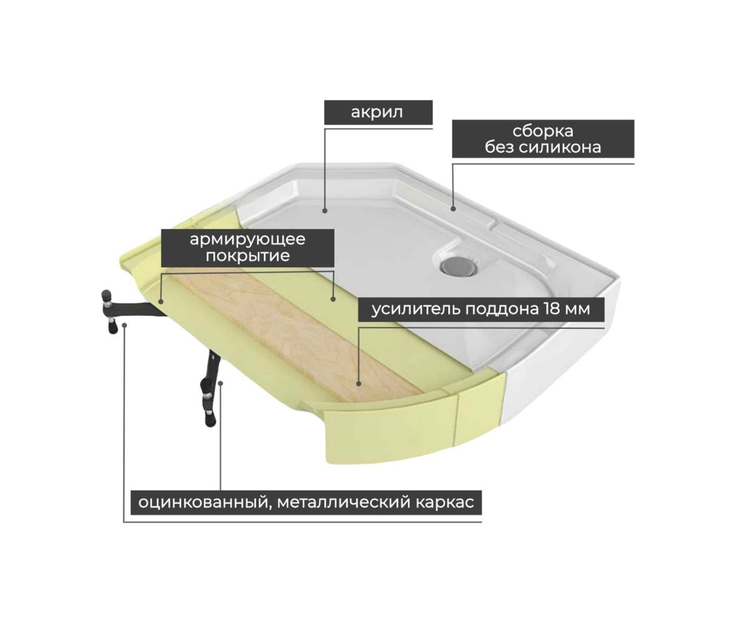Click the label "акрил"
[x=377, y=112]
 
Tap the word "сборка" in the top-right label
[x=542, y=131]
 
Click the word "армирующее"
[x=248, y=240]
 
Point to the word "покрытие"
[x=248, y=255]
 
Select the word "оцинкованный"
[x=203, y=503]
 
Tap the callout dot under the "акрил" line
[x=324, y=211]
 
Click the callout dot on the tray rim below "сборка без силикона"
[x=453, y=209]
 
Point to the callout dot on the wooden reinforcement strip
[x=359, y=384]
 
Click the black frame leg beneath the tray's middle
[x=210, y=388]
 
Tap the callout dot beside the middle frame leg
[x=221, y=383]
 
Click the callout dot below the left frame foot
[x=124, y=325]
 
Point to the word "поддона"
[x=502, y=309]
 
